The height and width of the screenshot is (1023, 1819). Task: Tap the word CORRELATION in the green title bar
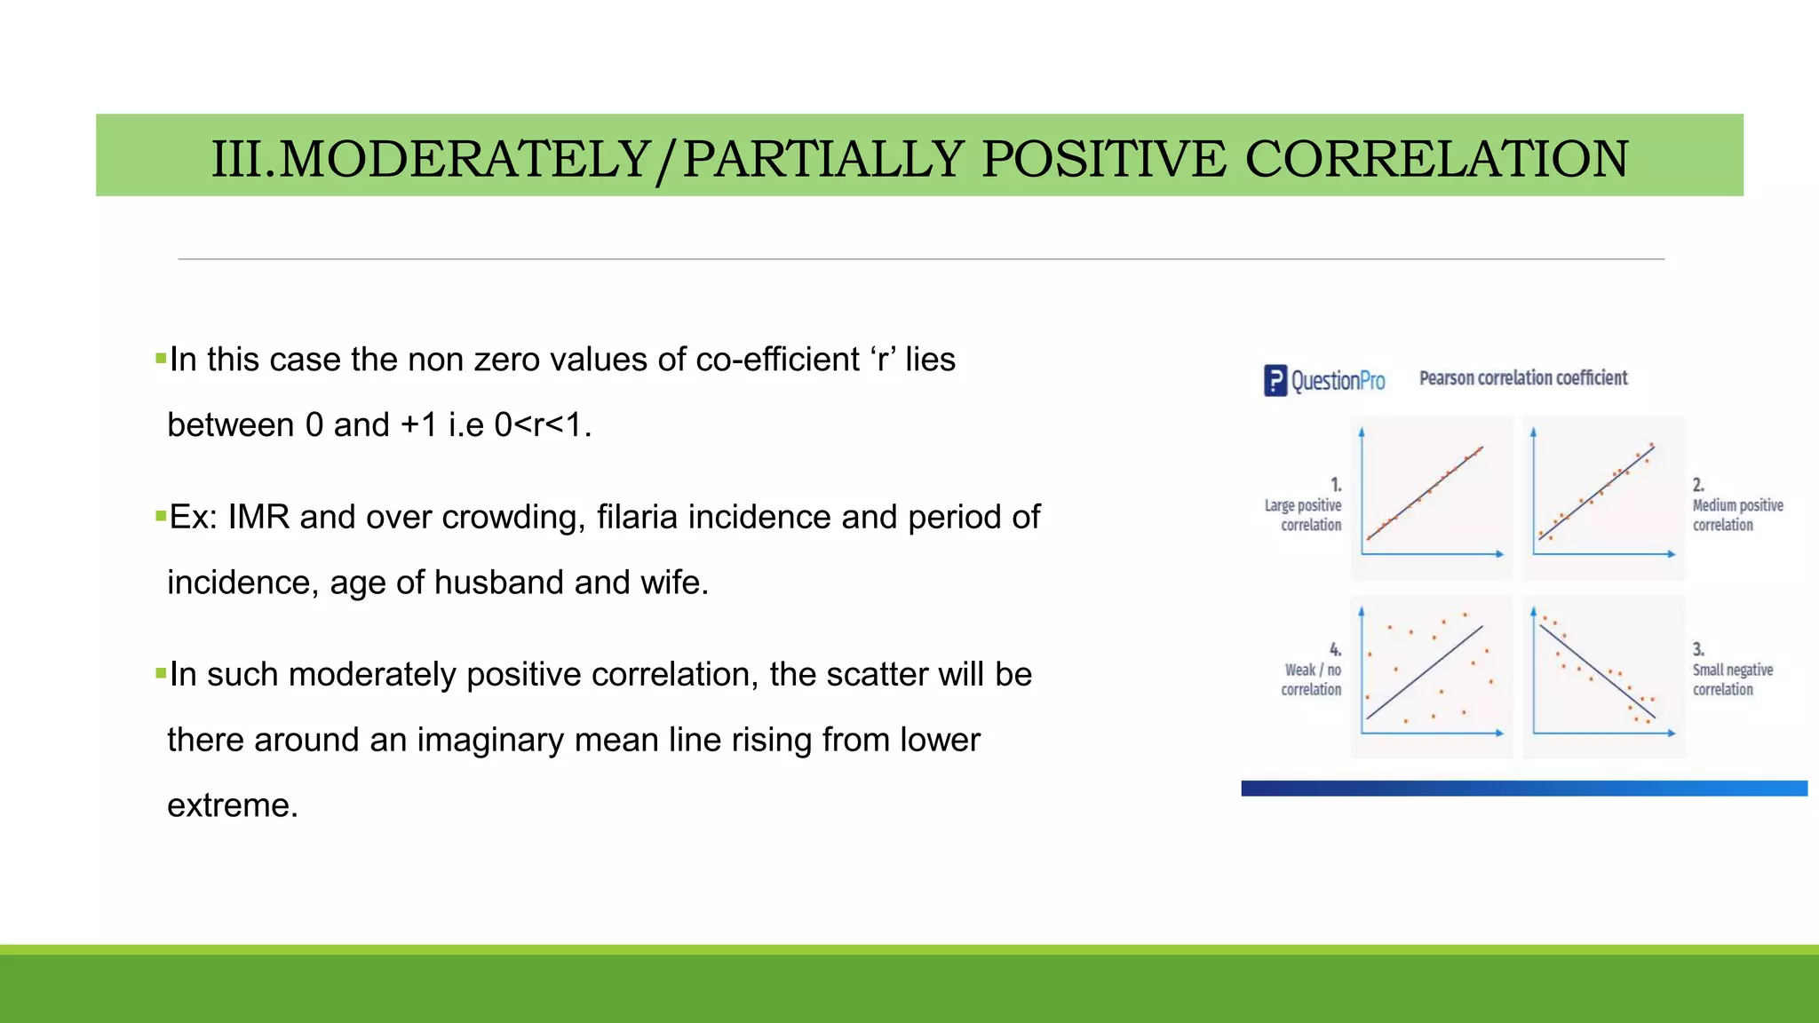tap(1436, 159)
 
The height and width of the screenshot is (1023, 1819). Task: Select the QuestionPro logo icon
tap(1275, 381)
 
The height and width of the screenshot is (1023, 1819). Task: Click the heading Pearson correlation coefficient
tap(1522, 378)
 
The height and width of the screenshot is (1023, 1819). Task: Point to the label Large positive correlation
tap(1304, 514)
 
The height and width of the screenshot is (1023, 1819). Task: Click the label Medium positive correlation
tap(1736, 514)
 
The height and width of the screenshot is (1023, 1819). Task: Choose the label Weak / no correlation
tap(1312, 679)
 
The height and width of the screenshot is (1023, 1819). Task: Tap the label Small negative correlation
tap(1732, 679)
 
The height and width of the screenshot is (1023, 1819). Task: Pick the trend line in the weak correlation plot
tap(1425, 672)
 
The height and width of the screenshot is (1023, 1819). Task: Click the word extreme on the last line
tap(231, 805)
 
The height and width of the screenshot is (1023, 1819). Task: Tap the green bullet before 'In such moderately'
tap(161, 674)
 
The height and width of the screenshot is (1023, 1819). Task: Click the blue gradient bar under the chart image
tap(1523, 789)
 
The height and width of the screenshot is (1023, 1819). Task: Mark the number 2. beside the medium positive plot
tap(1697, 485)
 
